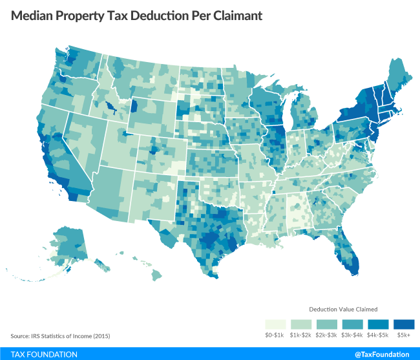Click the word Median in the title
[33, 16]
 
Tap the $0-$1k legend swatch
[274, 323]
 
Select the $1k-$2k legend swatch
[300, 323]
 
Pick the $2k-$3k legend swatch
[327, 323]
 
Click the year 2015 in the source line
[82, 336]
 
